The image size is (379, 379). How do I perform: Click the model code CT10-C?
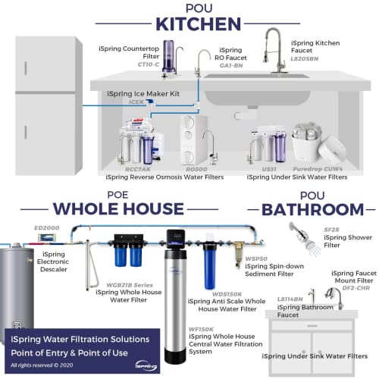click(x=149, y=64)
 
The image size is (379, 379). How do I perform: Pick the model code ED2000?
click(x=46, y=227)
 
